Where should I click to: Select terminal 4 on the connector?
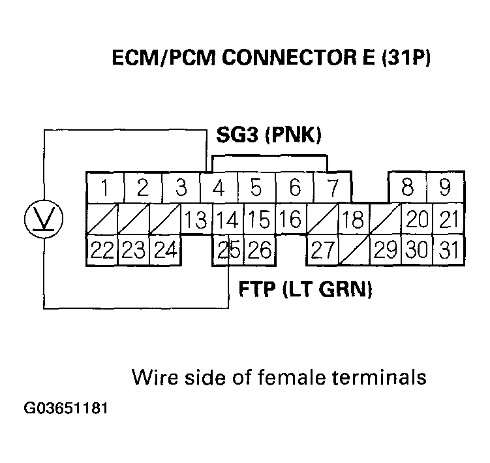(219, 188)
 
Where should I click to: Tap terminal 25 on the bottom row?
(225, 250)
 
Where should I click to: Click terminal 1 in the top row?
(104, 188)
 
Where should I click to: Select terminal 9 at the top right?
(445, 188)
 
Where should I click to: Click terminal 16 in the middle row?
(294, 219)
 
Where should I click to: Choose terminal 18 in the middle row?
(352, 219)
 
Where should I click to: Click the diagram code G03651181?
(65, 409)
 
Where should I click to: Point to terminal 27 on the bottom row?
(323, 250)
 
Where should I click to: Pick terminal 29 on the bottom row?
(385, 250)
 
